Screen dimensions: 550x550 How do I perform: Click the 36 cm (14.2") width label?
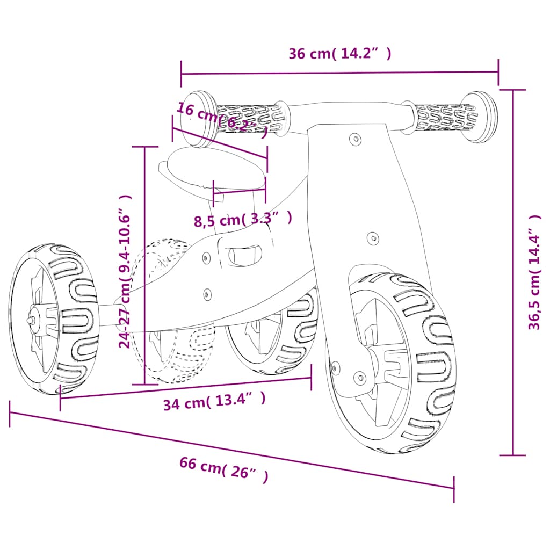[x=339, y=53]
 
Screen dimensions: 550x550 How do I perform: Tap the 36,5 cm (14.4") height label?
[x=535, y=272]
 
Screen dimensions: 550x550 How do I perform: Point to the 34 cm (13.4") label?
[x=214, y=401]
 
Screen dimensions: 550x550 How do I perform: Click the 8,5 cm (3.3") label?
[x=243, y=219]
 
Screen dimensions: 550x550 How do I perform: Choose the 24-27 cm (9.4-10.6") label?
[x=125, y=271]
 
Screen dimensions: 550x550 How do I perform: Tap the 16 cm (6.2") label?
[x=222, y=120]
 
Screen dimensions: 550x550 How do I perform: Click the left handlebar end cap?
[x=199, y=119]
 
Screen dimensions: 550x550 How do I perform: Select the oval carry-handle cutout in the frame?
[x=245, y=256]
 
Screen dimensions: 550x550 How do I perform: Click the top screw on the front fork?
[x=356, y=139]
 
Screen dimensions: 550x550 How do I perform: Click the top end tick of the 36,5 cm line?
[x=512, y=90]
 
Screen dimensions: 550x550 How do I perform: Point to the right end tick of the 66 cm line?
[x=454, y=489]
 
